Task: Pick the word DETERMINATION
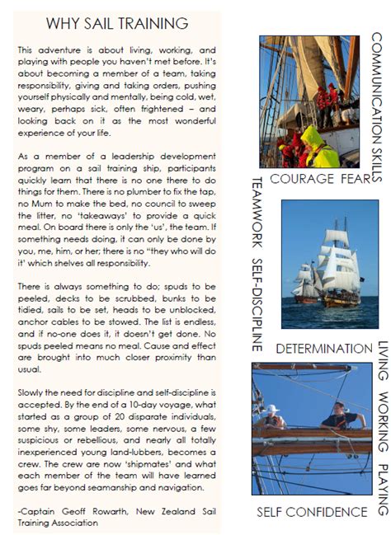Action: (323, 350)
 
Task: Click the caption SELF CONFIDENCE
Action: (313, 512)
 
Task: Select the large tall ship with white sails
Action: (340, 269)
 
